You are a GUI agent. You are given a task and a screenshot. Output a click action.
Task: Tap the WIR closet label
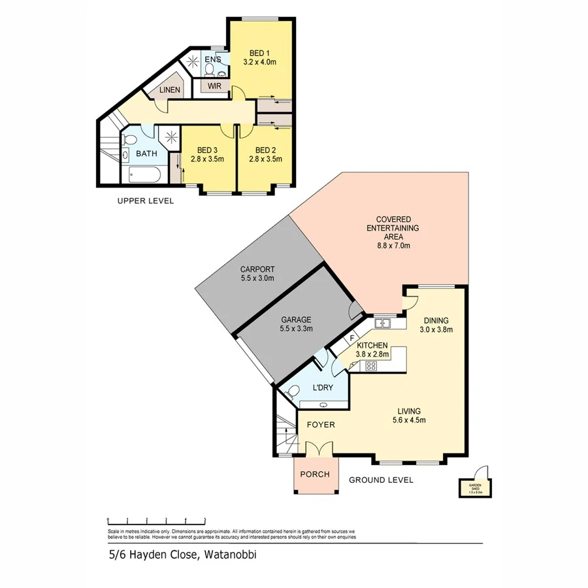pos(214,86)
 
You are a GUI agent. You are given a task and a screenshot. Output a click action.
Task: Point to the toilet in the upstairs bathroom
pos(129,141)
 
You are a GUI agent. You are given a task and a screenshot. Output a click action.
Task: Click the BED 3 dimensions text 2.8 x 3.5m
pos(207,158)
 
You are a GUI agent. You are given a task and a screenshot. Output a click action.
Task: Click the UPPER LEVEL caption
pos(145,201)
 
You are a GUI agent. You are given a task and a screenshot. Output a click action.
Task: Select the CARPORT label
pos(257,269)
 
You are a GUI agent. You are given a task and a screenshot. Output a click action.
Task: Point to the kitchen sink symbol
pos(383,323)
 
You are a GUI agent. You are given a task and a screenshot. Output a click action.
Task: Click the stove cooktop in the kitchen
pos(371,366)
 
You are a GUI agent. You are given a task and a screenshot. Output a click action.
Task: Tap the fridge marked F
pos(352,338)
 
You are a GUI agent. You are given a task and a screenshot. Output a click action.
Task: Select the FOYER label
pos(321,425)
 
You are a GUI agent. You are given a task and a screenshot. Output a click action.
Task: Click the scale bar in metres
pos(157,521)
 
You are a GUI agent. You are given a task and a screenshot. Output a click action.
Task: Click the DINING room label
pos(436,320)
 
